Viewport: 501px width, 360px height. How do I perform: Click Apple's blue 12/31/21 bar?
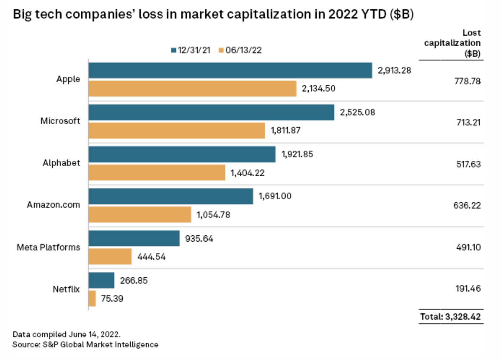[230, 70]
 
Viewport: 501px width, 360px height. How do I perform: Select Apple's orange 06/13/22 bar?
[192, 89]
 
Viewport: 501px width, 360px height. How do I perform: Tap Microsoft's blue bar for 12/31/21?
[212, 112]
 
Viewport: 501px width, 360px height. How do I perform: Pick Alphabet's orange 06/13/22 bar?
[157, 172]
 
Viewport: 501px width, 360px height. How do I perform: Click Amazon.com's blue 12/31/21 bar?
[171, 196]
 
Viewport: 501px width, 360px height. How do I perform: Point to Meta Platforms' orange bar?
[110, 256]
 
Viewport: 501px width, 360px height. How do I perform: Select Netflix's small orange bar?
[92, 298]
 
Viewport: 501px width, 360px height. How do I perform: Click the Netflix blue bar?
[101, 280]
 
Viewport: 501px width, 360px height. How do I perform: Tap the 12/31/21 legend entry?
[190, 50]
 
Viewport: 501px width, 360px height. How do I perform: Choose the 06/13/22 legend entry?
[240, 50]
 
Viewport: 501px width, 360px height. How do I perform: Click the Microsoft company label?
[60, 121]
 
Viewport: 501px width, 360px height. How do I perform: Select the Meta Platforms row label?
[49, 247]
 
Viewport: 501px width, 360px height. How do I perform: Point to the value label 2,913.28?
[395, 70]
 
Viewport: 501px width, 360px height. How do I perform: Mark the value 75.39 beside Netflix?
[111, 298]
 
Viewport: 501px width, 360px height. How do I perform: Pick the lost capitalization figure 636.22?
[467, 206]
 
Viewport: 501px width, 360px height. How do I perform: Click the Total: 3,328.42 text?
[451, 316]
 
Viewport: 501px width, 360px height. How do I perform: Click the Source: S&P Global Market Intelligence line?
[86, 344]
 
